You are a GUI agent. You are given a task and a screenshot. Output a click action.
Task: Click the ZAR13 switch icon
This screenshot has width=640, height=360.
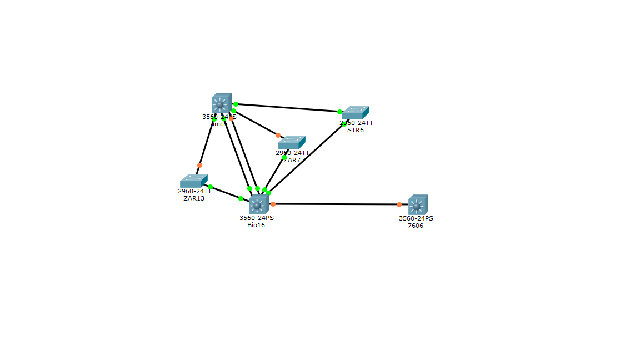click(193, 181)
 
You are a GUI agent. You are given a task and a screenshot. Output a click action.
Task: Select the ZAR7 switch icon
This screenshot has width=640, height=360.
click(291, 142)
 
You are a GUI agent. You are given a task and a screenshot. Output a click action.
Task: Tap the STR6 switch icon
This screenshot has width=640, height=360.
click(355, 113)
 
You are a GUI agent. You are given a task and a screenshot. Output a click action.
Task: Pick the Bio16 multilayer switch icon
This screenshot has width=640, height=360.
click(258, 204)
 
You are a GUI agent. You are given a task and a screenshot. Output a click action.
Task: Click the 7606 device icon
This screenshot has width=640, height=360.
click(418, 204)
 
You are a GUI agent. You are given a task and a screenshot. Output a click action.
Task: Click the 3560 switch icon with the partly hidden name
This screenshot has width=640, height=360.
click(221, 103)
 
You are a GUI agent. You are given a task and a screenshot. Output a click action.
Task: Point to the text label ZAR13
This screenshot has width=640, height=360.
click(194, 198)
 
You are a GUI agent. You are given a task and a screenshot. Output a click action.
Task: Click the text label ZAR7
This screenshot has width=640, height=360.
click(292, 160)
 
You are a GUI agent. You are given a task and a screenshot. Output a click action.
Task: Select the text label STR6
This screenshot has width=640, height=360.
click(356, 131)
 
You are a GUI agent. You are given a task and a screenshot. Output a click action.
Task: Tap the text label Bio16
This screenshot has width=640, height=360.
click(256, 225)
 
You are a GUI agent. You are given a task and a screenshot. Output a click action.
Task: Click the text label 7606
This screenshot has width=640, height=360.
click(416, 226)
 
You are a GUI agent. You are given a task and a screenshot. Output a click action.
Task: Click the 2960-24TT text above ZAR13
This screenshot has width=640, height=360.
click(194, 191)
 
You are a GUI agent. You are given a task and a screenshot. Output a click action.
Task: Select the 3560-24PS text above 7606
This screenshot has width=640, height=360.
click(416, 218)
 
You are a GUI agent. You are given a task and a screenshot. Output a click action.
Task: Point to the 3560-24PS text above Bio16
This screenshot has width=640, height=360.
click(257, 218)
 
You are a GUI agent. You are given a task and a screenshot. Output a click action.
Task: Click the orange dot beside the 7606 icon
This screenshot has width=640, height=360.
click(399, 204)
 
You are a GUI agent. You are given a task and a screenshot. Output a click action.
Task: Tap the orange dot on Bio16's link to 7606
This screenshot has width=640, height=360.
click(273, 204)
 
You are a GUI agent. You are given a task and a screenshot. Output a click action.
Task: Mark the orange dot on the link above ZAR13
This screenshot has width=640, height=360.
click(199, 165)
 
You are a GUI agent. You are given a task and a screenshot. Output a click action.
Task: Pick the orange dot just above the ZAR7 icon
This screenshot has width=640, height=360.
click(278, 135)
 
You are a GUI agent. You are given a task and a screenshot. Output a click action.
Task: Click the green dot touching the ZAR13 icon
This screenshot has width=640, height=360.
click(210, 187)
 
